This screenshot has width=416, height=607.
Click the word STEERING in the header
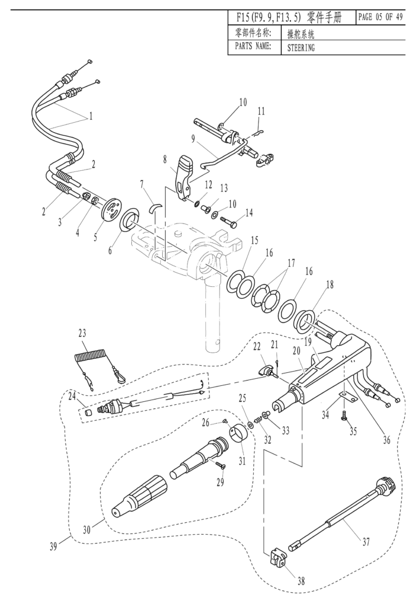(x=301, y=48)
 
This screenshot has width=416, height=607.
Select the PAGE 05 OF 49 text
(x=380, y=17)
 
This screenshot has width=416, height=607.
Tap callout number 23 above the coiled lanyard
(x=82, y=333)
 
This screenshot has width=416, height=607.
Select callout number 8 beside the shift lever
(x=165, y=159)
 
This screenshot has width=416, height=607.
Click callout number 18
(x=330, y=285)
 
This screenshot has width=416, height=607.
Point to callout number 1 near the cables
(x=91, y=116)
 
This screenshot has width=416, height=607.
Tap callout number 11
(x=261, y=111)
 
